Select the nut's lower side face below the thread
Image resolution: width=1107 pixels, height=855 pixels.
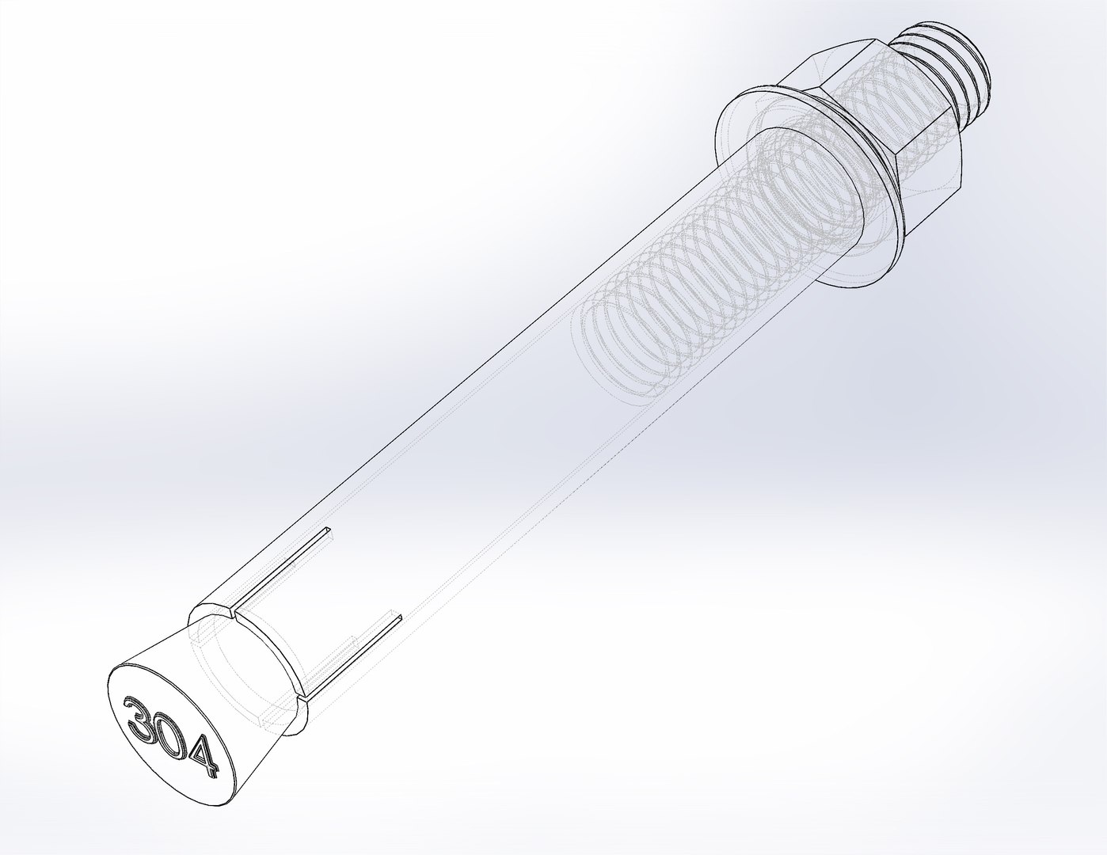[934, 182]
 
